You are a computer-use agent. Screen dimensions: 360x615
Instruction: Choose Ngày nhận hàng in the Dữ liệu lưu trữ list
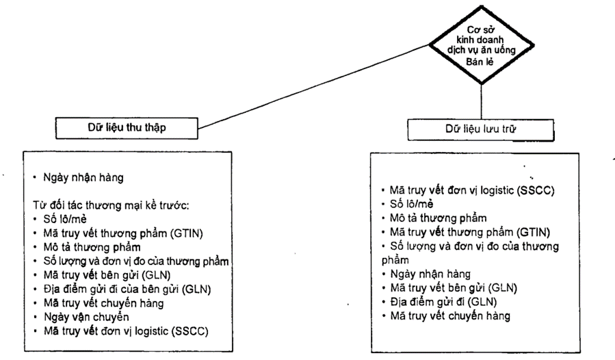427,274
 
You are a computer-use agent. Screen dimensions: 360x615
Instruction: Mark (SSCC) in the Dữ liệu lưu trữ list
541,190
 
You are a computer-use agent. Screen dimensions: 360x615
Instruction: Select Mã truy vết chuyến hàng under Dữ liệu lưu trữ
447,316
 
